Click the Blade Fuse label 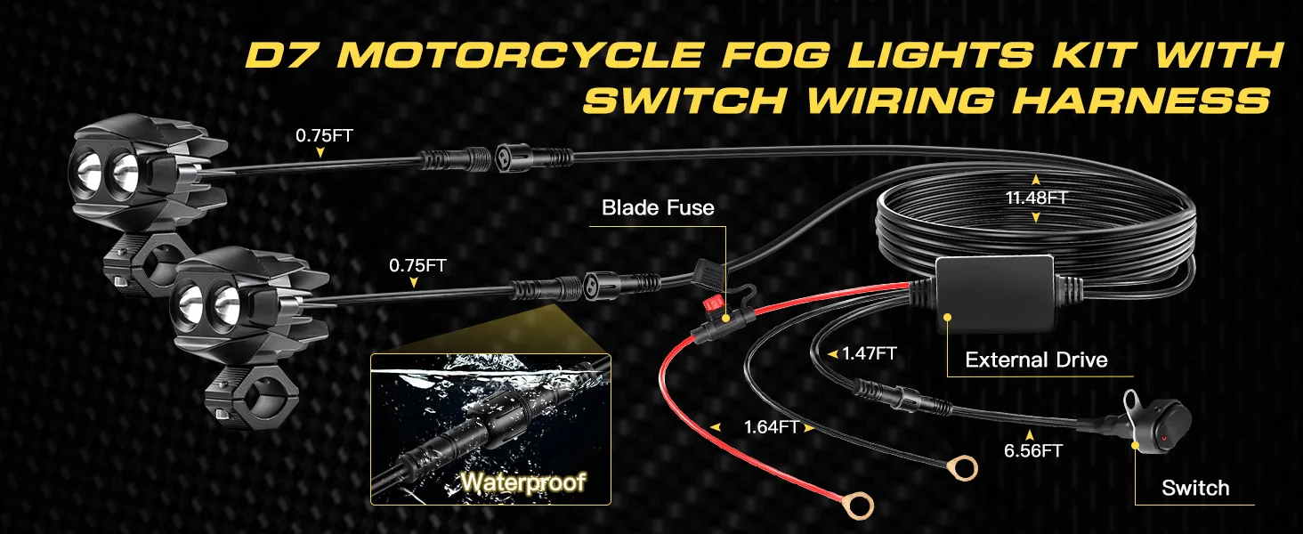pyautogui.click(x=658, y=208)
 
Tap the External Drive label pyautogui.click(x=1036, y=360)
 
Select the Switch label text pyautogui.click(x=1195, y=488)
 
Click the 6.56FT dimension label pyautogui.click(x=1032, y=450)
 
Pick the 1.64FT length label pyautogui.click(x=771, y=426)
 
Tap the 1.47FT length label pyautogui.click(x=869, y=353)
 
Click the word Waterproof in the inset pyautogui.click(x=523, y=482)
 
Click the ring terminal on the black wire pyautogui.click(x=960, y=465)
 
